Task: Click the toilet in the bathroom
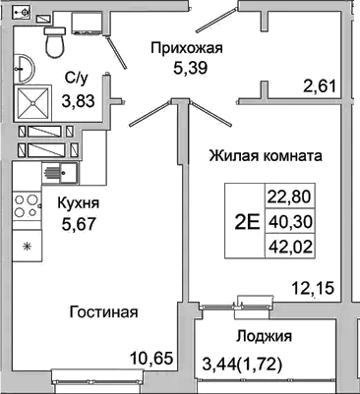coord(55,40)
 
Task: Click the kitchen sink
coord(62,173)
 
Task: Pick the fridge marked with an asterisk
coord(27,244)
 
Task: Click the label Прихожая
coord(187,46)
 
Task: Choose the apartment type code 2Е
coord(248,220)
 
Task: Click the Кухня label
coord(78,202)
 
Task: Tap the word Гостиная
coord(104,312)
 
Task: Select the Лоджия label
coord(265,337)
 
